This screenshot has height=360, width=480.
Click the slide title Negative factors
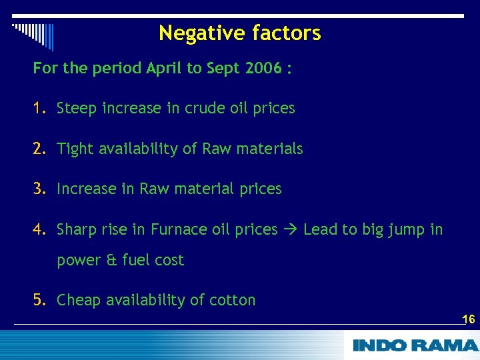240,33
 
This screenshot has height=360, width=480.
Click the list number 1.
39,108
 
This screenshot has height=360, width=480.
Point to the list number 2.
39,149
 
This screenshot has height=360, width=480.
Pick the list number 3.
39,189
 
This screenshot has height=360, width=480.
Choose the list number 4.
39,230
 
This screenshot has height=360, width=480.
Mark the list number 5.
39,300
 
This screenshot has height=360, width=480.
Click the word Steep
77,108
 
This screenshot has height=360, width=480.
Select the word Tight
75,149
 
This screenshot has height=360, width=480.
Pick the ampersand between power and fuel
111,260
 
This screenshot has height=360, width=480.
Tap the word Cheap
79,300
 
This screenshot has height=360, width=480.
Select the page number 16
468,319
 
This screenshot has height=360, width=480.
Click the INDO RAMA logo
415,345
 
